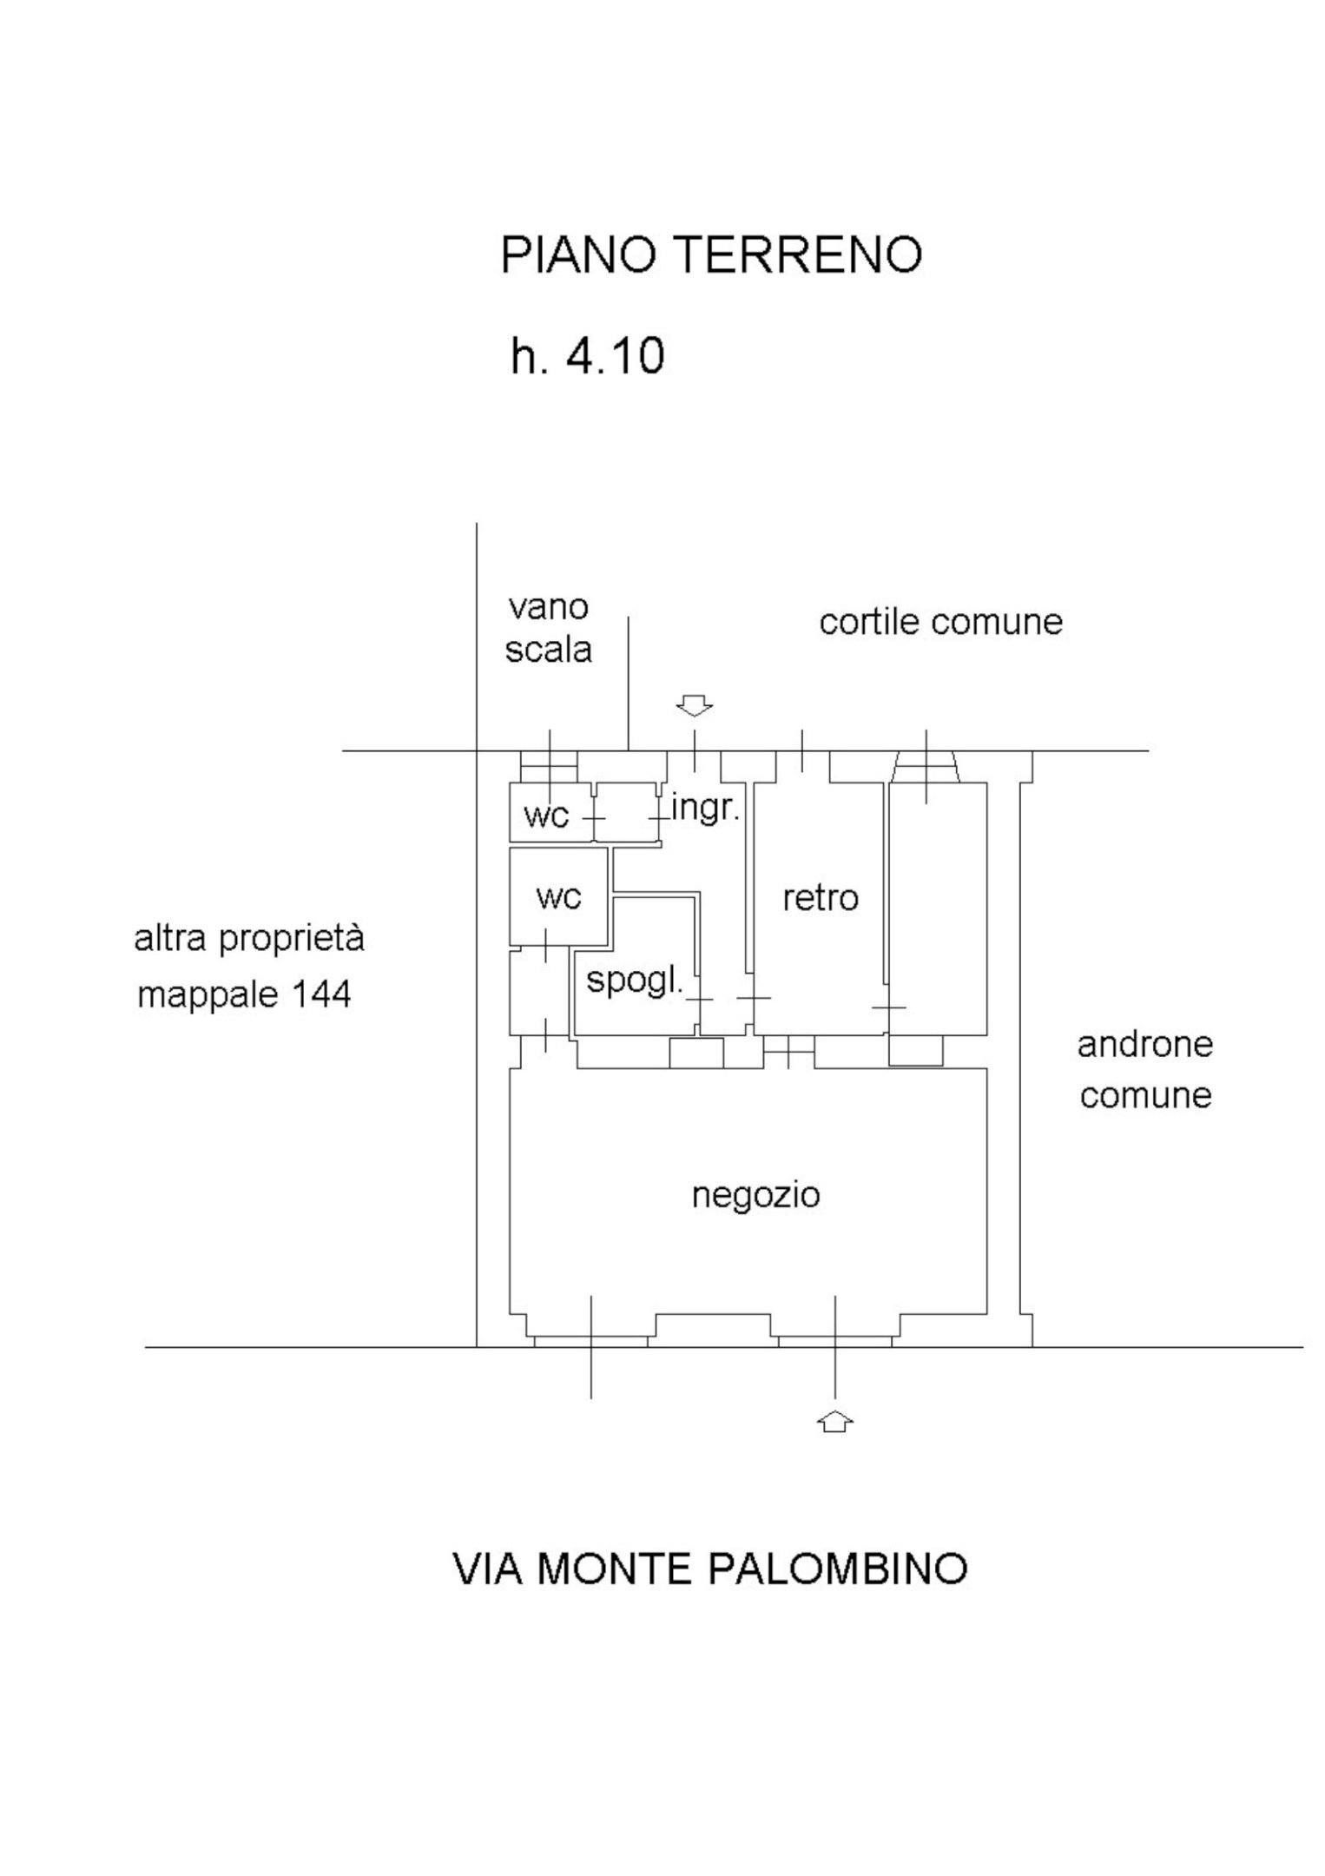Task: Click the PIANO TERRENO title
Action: click(x=711, y=255)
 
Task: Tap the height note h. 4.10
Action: click(x=588, y=356)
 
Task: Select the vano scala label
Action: click(x=549, y=628)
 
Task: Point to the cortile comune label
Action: click(x=940, y=623)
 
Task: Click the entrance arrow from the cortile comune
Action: click(x=695, y=705)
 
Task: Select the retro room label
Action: click(x=821, y=898)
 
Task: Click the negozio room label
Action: click(x=755, y=1196)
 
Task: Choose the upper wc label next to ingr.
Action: click(x=547, y=816)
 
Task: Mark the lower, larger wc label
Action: click(x=558, y=896)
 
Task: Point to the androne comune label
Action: click(x=1145, y=1069)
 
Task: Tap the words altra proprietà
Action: click(x=249, y=940)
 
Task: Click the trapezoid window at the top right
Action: click(x=926, y=767)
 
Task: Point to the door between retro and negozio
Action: click(x=788, y=1052)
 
